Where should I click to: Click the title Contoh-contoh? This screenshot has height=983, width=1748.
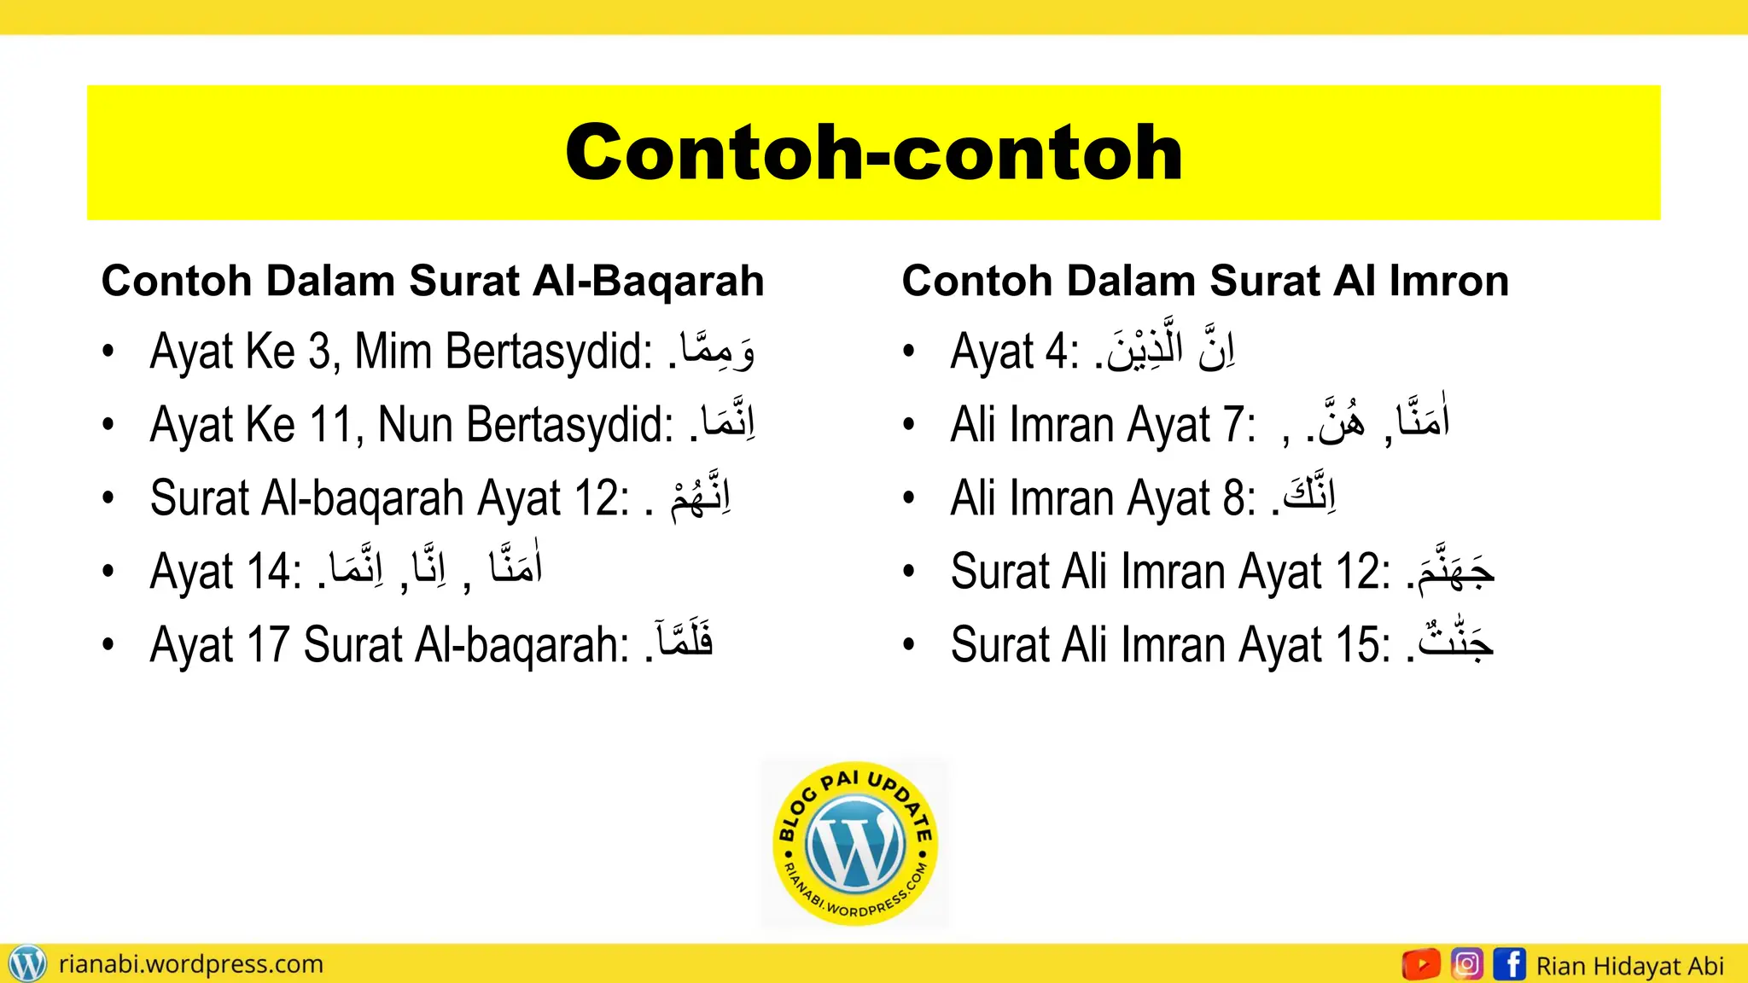click(873, 153)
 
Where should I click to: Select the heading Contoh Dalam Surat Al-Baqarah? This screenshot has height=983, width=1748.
click(433, 281)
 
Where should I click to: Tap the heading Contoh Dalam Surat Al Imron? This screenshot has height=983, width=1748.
click(1205, 281)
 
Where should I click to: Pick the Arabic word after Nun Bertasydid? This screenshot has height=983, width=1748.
click(727, 423)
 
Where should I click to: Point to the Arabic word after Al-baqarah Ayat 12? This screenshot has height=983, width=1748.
click(701, 497)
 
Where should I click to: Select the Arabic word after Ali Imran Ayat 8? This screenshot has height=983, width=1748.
click(1308, 495)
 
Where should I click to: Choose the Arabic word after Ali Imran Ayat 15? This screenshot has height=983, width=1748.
click(1454, 642)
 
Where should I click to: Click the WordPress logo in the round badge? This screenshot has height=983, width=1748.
click(855, 843)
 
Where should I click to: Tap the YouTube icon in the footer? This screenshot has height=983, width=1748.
click(1421, 964)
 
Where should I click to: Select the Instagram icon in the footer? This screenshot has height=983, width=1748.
click(1467, 964)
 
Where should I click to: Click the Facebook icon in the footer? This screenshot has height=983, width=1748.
click(1510, 964)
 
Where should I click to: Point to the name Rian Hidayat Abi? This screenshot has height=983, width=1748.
click(1629, 966)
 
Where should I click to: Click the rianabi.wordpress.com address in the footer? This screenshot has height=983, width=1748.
click(191, 964)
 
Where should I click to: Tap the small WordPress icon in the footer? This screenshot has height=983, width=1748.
click(26, 964)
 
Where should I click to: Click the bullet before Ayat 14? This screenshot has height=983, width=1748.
click(108, 571)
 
